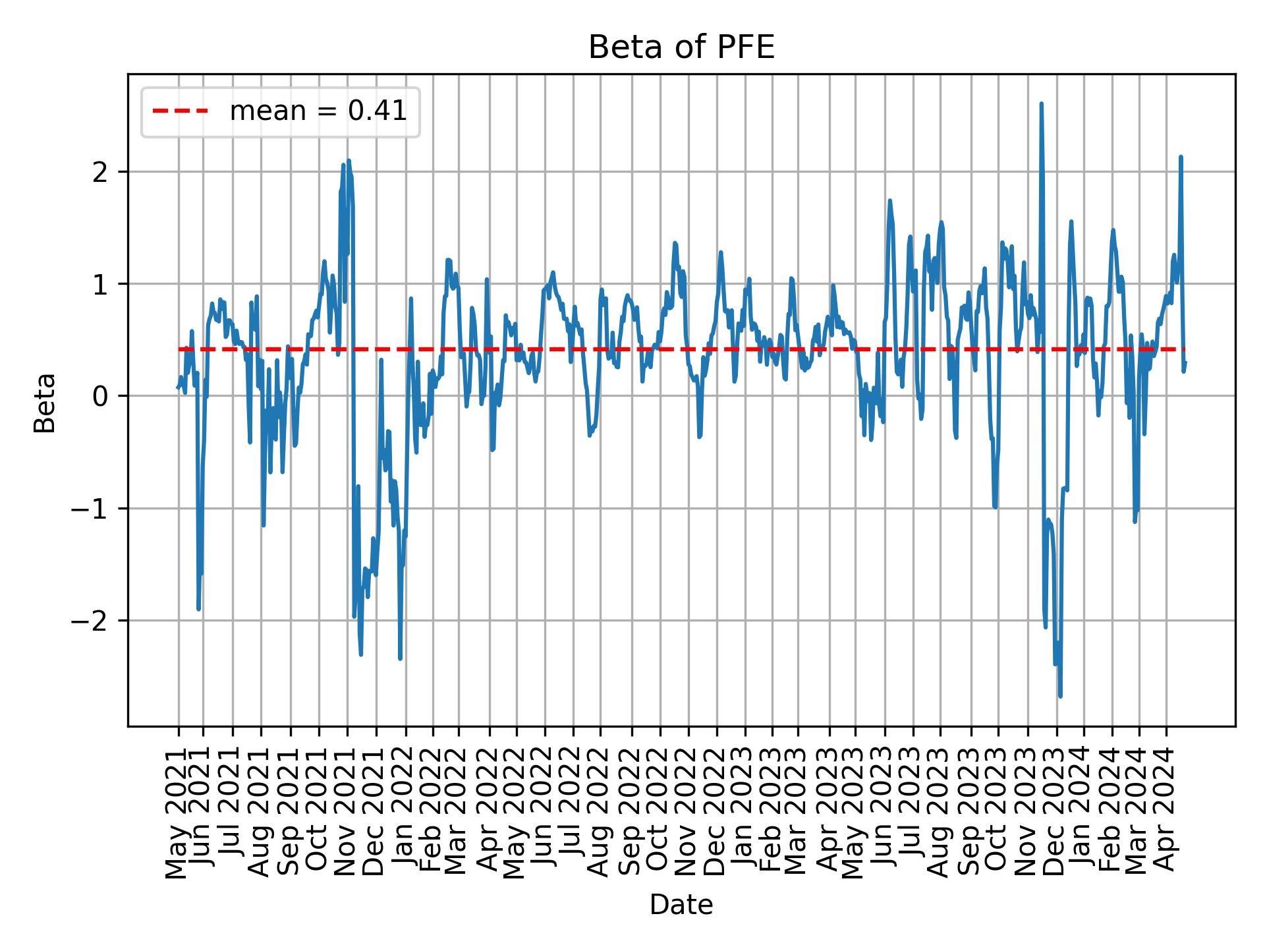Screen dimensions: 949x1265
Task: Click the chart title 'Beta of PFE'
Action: (x=681, y=48)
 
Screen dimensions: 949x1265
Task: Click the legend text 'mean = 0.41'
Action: (x=318, y=112)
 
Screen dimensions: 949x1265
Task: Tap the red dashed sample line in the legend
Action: (x=181, y=112)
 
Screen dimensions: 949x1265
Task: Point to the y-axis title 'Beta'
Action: (x=45, y=403)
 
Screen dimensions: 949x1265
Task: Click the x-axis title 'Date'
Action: (x=681, y=905)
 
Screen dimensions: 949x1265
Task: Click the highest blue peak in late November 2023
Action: (x=1041, y=104)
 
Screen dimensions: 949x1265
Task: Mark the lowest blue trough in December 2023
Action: (x=1060, y=696)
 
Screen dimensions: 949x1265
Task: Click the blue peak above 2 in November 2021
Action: (x=349, y=161)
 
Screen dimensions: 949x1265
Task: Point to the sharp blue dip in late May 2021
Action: (x=198, y=608)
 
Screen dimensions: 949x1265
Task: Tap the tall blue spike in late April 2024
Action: (x=1181, y=158)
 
